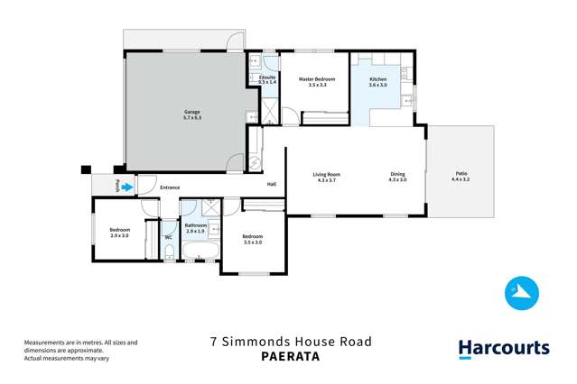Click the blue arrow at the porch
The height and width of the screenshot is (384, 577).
pyautogui.click(x=127, y=187)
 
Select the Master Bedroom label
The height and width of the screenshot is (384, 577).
pyautogui.click(x=317, y=79)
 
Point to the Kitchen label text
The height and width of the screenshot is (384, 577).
pyautogui.click(x=378, y=79)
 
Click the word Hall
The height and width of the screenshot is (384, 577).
pyautogui.click(x=271, y=185)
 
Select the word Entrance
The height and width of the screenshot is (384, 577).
pyautogui.click(x=170, y=187)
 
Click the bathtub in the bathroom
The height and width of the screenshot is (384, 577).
pyautogui.click(x=200, y=250)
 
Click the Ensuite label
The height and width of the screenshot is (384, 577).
pyautogui.click(x=266, y=78)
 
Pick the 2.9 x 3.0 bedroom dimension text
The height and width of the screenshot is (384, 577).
pyautogui.click(x=120, y=235)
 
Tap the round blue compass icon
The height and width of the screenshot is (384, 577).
pyautogui.click(x=521, y=292)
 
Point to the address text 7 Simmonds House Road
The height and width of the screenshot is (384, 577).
pyautogui.click(x=289, y=342)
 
